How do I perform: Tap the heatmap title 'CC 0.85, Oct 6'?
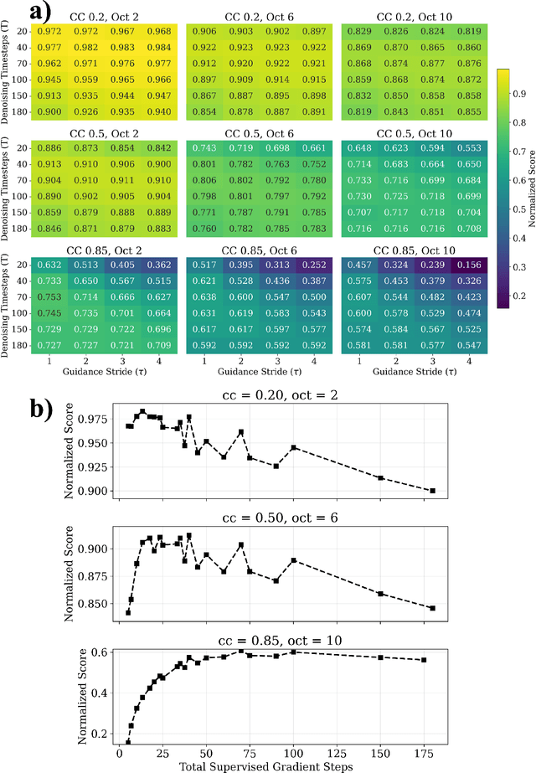(253, 250)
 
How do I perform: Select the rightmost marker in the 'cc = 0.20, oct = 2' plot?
(433, 491)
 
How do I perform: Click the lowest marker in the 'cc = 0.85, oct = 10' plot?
(128, 741)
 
